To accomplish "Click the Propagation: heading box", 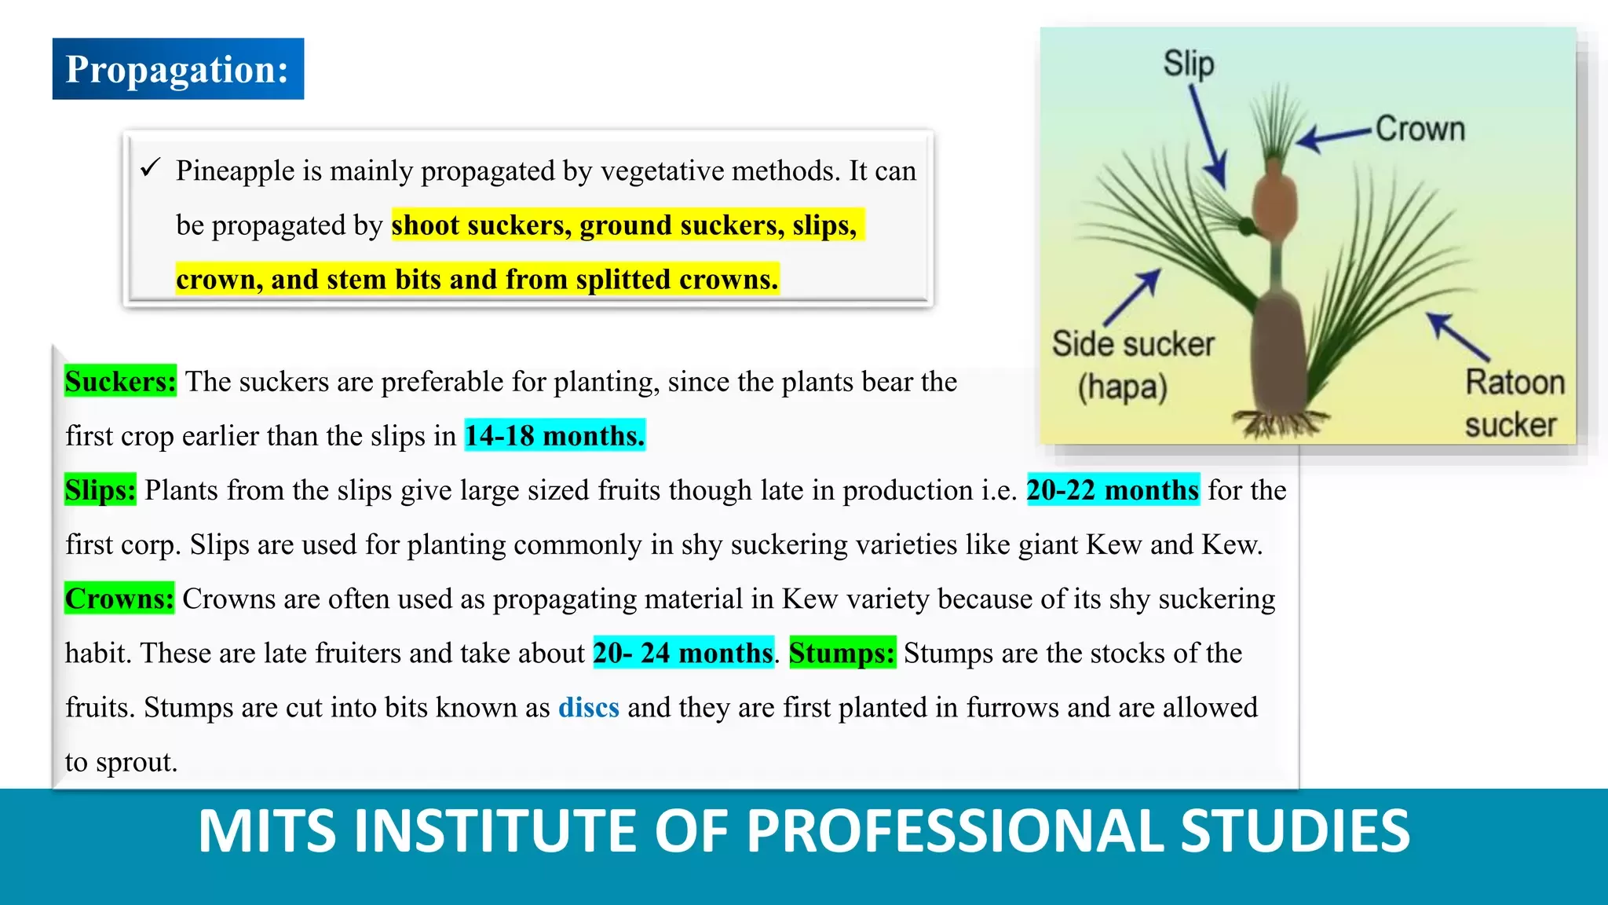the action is (178, 69).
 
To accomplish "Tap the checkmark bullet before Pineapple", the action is (150, 167).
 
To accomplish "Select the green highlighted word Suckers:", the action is (120, 382).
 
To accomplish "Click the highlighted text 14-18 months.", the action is (555, 435).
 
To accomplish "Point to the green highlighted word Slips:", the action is (100, 490).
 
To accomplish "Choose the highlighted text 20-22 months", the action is (1113, 490).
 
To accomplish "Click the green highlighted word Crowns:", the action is (119, 599).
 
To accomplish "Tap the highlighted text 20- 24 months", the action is (683, 653).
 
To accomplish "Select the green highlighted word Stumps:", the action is (842, 653).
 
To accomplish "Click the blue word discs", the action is (589, 707).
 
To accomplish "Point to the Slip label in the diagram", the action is (1189, 64).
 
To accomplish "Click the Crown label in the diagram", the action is (1420, 129).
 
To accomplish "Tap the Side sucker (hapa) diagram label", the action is (1132, 365).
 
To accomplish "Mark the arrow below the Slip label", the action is (1208, 136).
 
